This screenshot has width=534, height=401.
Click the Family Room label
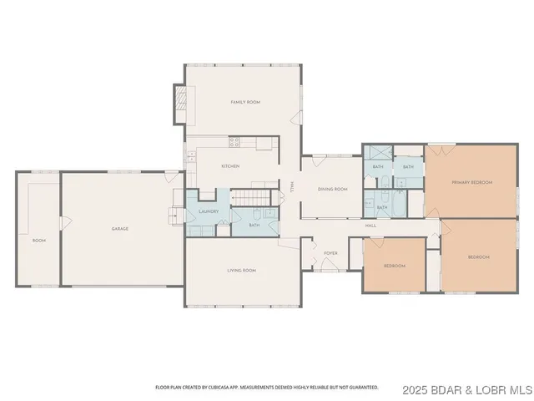245,102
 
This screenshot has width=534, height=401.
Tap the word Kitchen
230,166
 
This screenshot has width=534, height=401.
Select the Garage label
120,228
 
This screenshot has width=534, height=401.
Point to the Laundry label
209,211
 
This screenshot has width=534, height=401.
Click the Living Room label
241,271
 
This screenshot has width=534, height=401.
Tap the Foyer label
330,251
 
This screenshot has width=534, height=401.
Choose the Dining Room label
332,189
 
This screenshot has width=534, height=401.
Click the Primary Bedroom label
471,182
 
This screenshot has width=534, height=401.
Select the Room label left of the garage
38,240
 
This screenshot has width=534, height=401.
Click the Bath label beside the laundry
254,224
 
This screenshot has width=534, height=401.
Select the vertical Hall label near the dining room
291,188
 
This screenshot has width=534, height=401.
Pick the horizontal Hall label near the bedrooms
370,226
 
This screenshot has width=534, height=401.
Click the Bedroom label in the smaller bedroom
394,266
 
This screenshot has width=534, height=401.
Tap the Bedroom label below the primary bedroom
478,256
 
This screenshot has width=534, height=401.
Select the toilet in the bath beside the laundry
257,212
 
